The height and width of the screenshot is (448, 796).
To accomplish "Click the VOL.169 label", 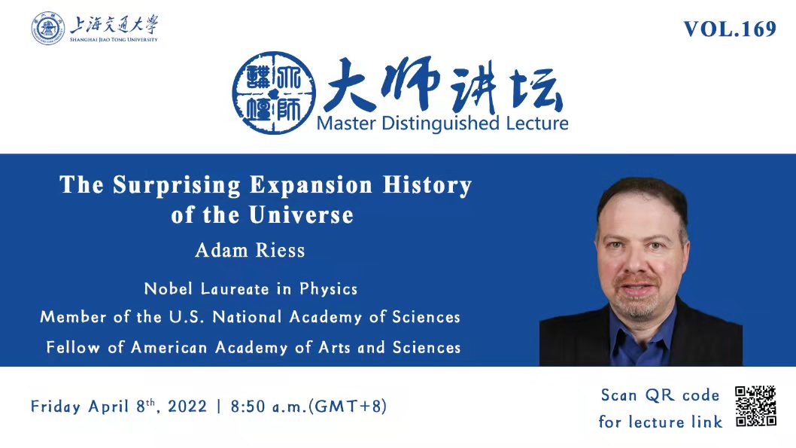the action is tap(730, 29).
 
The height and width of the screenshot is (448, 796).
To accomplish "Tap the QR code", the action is tap(755, 406).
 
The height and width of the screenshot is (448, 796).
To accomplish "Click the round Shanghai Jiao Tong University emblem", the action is tap(48, 29).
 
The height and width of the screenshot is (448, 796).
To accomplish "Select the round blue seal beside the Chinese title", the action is tap(274, 93).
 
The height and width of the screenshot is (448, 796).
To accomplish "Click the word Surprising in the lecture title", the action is tap(177, 185).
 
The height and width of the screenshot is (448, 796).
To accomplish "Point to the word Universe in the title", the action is tap(301, 215).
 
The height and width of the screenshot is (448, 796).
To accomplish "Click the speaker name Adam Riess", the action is tap(250, 251).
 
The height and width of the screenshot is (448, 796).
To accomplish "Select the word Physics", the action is tap(329, 289).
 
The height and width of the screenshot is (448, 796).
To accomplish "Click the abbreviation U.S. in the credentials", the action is tap(187, 317).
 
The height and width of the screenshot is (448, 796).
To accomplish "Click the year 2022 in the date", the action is tap(187, 407).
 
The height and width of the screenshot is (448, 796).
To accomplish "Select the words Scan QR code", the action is tap(660, 395).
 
